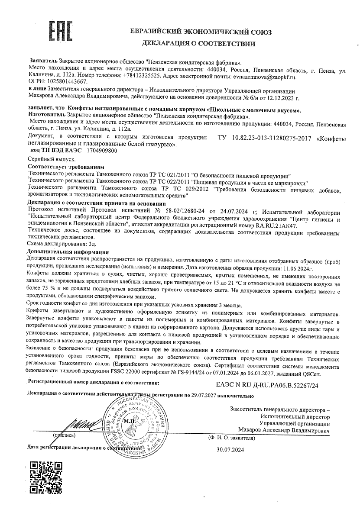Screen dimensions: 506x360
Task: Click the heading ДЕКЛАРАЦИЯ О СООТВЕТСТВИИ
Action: click(x=198, y=43)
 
